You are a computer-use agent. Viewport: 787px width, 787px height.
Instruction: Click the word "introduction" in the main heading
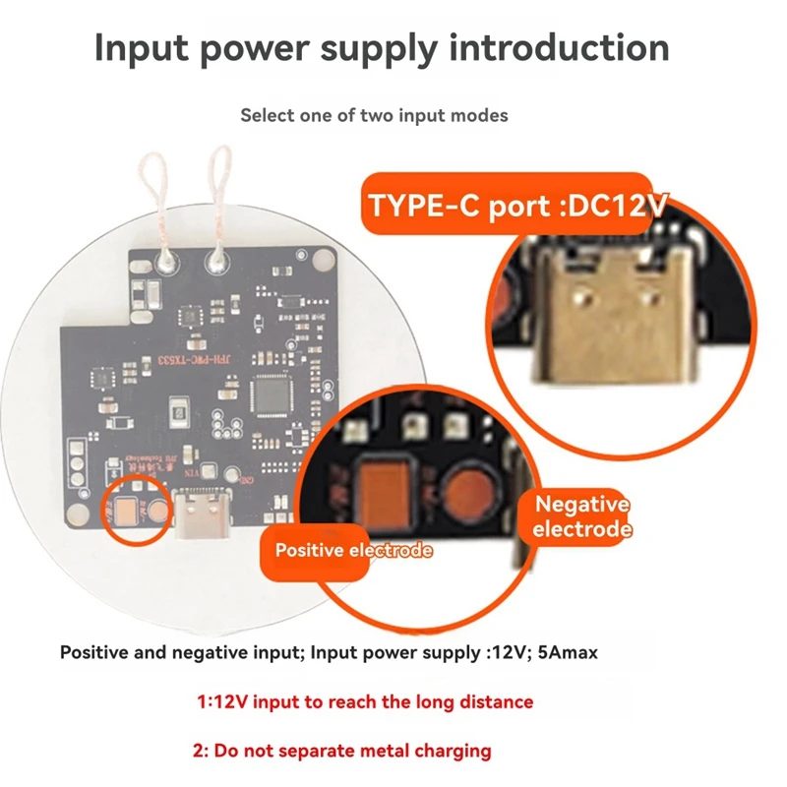click(559, 47)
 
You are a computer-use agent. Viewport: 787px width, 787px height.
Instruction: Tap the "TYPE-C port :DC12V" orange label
click(517, 206)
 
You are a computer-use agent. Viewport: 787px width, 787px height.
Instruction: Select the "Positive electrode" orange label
click(353, 550)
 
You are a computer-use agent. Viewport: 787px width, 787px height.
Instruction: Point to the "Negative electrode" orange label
click(581, 516)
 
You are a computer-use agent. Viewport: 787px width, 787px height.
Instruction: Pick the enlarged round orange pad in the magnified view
click(467, 488)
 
